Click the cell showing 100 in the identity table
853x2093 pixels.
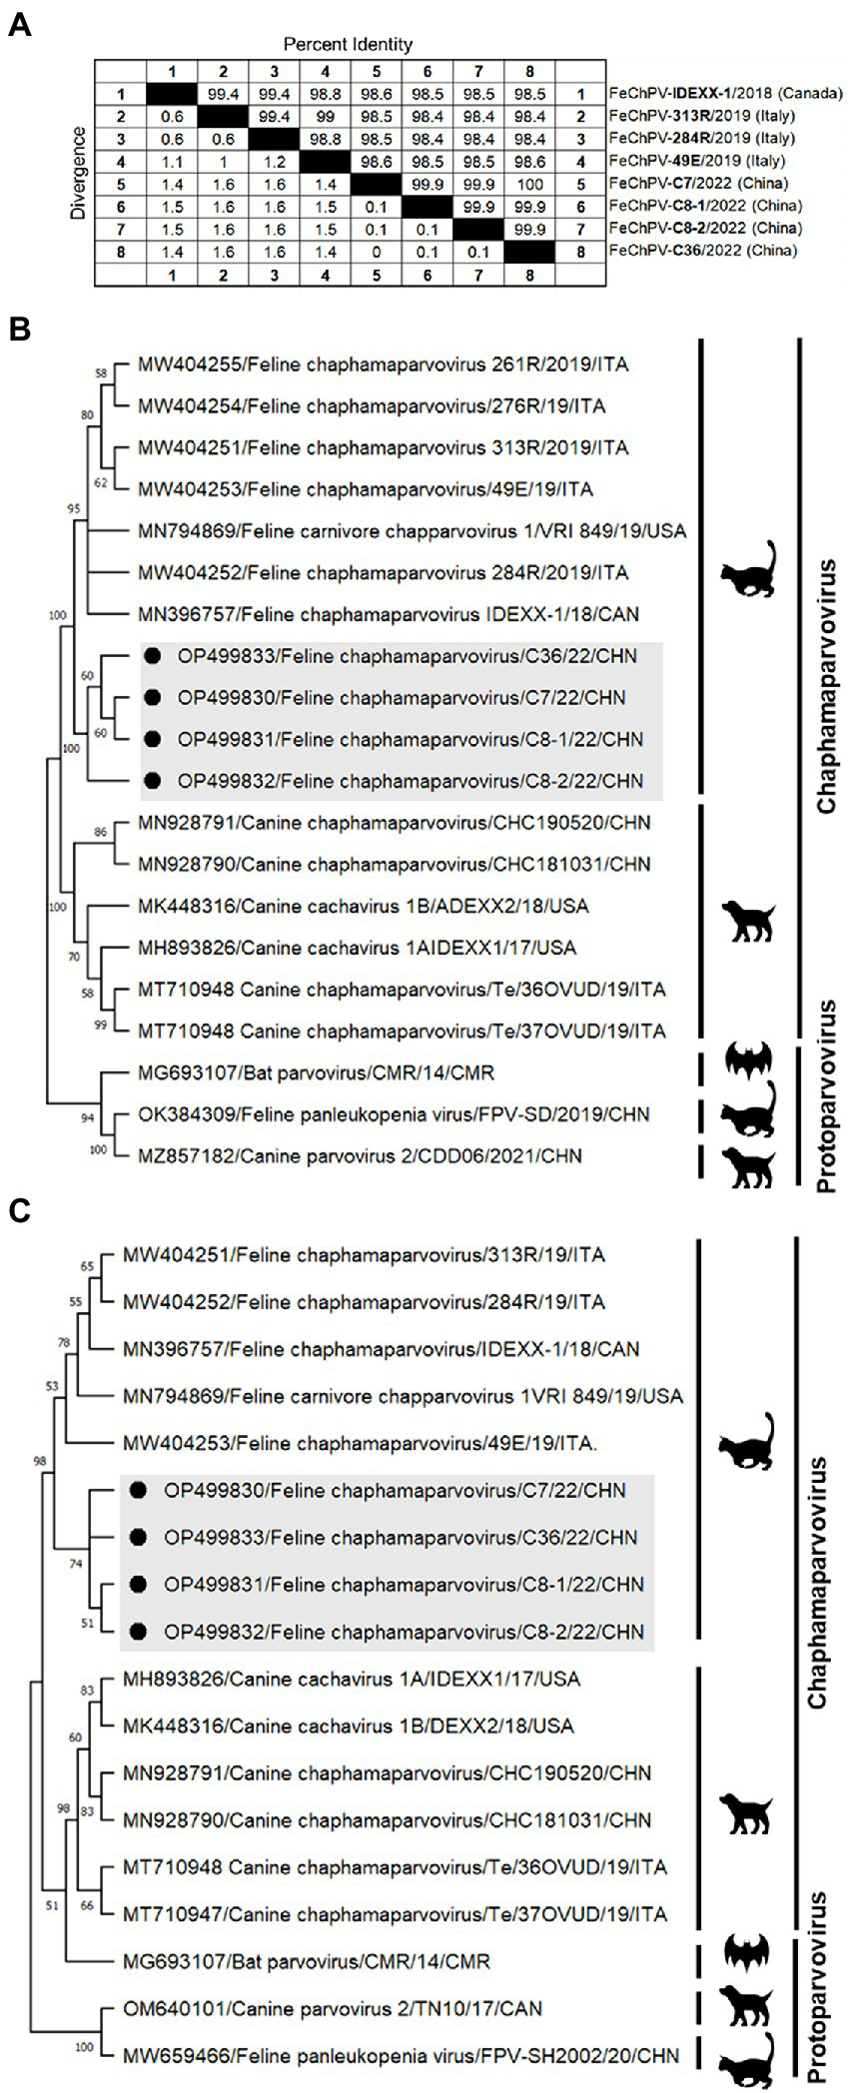[529, 184]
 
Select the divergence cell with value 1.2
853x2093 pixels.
[274, 161]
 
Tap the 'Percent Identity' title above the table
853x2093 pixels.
[348, 44]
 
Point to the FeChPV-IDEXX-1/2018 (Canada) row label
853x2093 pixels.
[725, 94]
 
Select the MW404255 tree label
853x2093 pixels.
[383, 364]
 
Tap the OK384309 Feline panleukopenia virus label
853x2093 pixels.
[393, 1114]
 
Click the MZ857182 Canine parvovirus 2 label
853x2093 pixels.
[360, 1156]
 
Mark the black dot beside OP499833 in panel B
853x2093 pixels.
[152, 656]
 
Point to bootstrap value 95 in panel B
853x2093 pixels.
[74, 509]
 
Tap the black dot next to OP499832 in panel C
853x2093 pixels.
[138, 1632]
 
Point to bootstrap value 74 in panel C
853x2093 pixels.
[75, 1564]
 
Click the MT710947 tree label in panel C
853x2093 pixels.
[395, 1914]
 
